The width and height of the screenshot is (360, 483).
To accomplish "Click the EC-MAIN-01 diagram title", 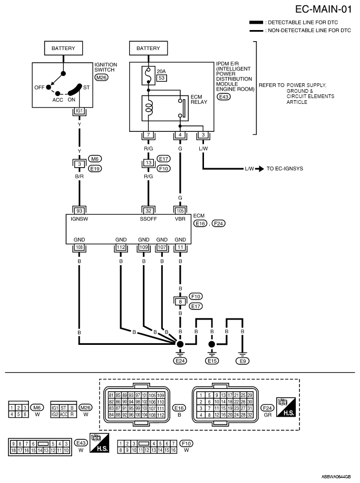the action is point(323,9).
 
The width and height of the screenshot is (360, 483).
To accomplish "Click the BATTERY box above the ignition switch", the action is point(63,49).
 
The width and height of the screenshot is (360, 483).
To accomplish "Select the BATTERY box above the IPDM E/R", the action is point(149,49).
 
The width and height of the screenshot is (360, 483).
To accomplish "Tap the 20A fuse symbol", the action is point(149,75).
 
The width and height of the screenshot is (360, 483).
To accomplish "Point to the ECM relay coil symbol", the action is point(149,108).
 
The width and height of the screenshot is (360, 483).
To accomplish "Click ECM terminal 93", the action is point(80,211).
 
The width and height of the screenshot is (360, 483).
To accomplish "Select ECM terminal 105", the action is point(180,211).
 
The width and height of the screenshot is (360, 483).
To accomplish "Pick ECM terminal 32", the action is point(149,211).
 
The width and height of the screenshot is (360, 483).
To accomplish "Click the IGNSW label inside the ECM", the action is point(79,219).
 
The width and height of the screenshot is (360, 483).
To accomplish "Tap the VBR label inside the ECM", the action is point(180,219).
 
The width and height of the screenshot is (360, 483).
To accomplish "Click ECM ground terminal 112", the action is point(121,247).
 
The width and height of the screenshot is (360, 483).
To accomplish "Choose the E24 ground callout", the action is point(180,361).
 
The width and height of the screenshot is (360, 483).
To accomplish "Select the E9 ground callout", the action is point(242,361).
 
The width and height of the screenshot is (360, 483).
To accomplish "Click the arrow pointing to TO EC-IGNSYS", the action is point(260,169).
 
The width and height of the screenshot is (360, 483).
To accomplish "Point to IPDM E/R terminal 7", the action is point(149,135).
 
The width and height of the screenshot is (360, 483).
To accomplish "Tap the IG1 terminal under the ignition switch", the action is point(80,111).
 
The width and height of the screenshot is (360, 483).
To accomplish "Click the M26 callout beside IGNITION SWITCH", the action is point(101,78).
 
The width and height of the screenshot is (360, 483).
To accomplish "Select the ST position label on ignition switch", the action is point(86,88).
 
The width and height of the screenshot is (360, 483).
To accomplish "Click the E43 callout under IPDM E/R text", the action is point(224,97).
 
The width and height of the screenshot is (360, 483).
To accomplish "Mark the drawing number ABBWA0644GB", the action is point(336,477).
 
